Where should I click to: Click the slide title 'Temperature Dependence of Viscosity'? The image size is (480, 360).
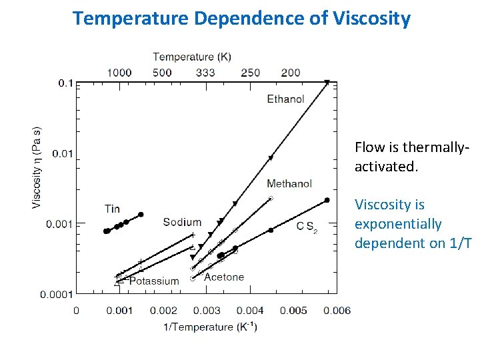pyautogui.click(x=241, y=18)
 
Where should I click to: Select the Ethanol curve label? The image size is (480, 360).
pyautogui.click(x=285, y=99)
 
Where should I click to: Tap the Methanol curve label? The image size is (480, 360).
pyautogui.click(x=289, y=183)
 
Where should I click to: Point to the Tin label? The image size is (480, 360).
pyautogui.click(x=112, y=209)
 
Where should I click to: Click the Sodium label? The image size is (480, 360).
pyautogui.click(x=182, y=222)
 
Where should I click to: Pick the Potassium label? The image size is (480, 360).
pyautogui.click(x=154, y=281)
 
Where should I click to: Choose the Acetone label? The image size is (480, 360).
pyautogui.click(x=224, y=277)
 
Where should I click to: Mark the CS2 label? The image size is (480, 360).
pyautogui.click(x=307, y=227)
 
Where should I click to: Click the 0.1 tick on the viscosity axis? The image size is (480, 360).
pyautogui.click(x=66, y=83)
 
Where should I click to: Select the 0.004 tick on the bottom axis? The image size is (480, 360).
pyautogui.click(x=250, y=311)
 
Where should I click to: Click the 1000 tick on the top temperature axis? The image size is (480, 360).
pyautogui.click(x=119, y=72)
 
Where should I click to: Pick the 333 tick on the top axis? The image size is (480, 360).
pyautogui.click(x=206, y=72)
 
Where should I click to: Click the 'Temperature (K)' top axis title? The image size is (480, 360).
pyautogui.click(x=192, y=57)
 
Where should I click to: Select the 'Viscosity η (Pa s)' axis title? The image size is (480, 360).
pyautogui.click(x=37, y=167)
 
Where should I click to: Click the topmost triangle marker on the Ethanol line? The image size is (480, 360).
pyautogui.click(x=327, y=83)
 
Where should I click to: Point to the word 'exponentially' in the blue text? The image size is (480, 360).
pyautogui.click(x=398, y=224)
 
